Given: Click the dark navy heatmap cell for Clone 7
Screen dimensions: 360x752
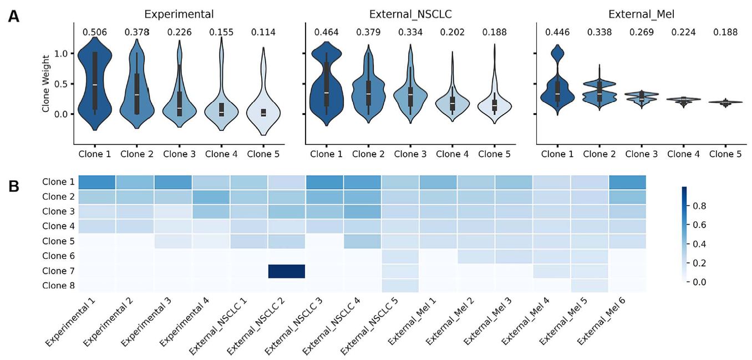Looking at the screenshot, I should coord(286,271).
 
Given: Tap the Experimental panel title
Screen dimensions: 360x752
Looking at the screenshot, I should coord(179,14).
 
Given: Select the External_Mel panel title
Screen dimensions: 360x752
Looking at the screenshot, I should coord(641,14).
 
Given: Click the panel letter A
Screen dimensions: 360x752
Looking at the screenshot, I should coord(14,17).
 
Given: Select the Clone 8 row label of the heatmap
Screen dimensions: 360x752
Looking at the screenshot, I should coord(58,286).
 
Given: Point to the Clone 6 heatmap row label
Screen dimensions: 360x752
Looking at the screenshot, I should coord(58,256).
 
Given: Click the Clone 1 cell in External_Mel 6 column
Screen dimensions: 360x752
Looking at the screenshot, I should coord(627,182).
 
